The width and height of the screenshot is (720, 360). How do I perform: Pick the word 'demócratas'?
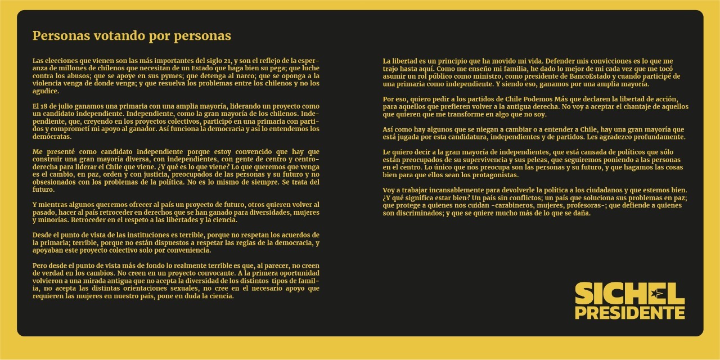point(52,137)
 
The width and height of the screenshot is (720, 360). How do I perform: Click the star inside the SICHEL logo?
point(656,292)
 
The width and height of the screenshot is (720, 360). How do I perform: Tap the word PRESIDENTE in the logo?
point(629,312)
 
